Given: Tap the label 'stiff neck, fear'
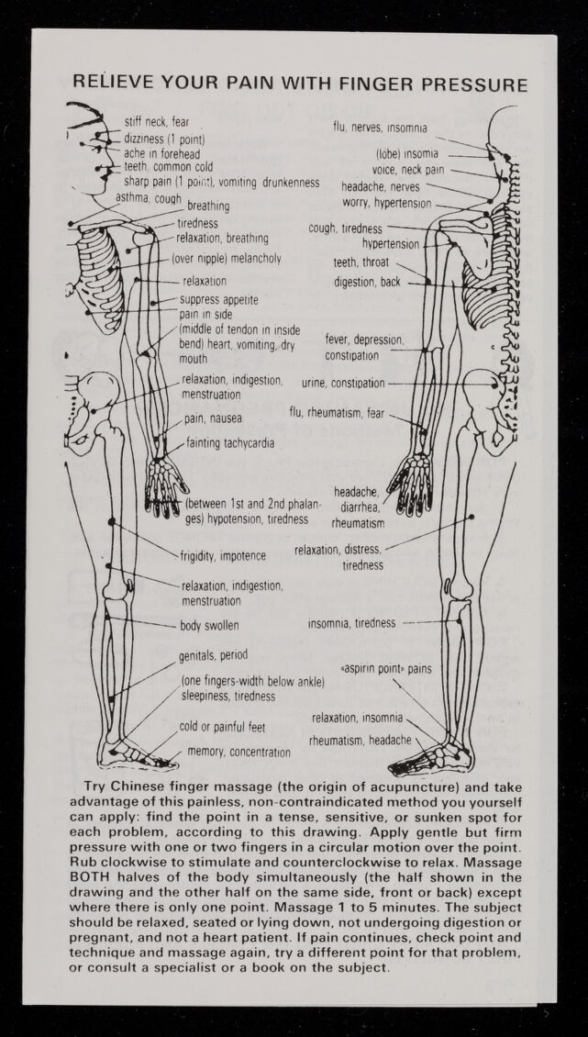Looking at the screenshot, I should (157, 122).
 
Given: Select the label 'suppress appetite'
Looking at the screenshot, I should (218, 299).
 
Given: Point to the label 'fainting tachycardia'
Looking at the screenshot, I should (230, 443).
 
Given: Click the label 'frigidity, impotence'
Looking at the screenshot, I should (224, 555).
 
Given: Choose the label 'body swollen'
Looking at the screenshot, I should (209, 626).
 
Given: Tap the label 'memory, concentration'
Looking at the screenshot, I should (239, 752).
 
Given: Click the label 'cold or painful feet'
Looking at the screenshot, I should (222, 727).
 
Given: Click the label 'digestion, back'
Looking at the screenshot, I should (367, 282).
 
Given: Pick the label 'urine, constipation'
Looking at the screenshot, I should (343, 383).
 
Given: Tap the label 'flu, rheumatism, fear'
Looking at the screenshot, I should (337, 413).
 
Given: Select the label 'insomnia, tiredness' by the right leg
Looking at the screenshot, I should (351, 623).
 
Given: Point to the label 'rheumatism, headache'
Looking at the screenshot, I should (360, 740).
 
